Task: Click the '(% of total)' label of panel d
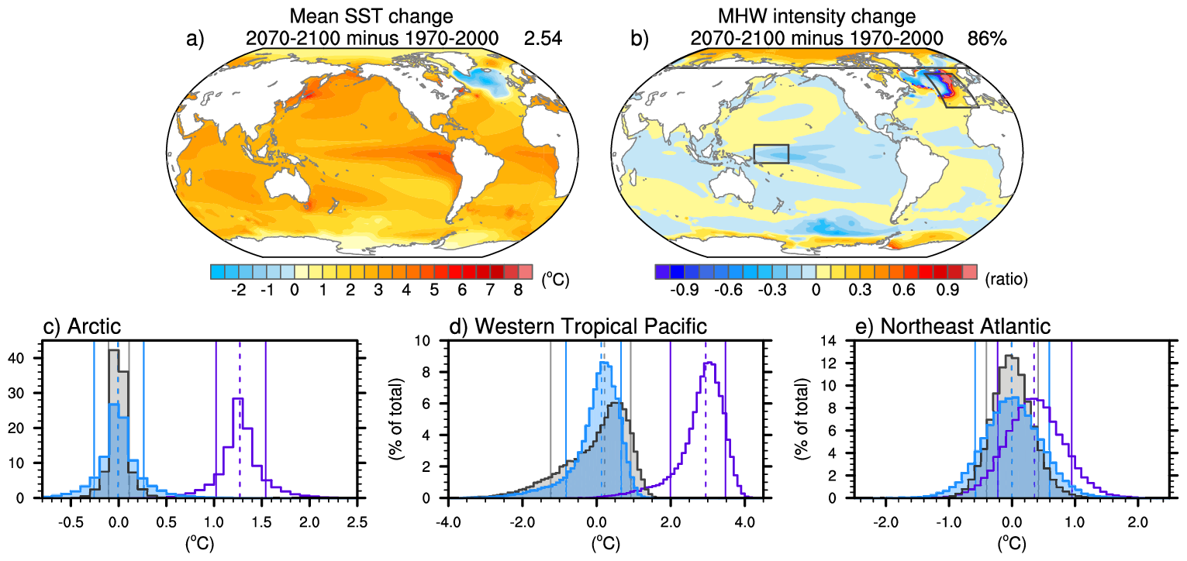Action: coord(398,419)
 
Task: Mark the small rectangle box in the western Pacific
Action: coord(771,153)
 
